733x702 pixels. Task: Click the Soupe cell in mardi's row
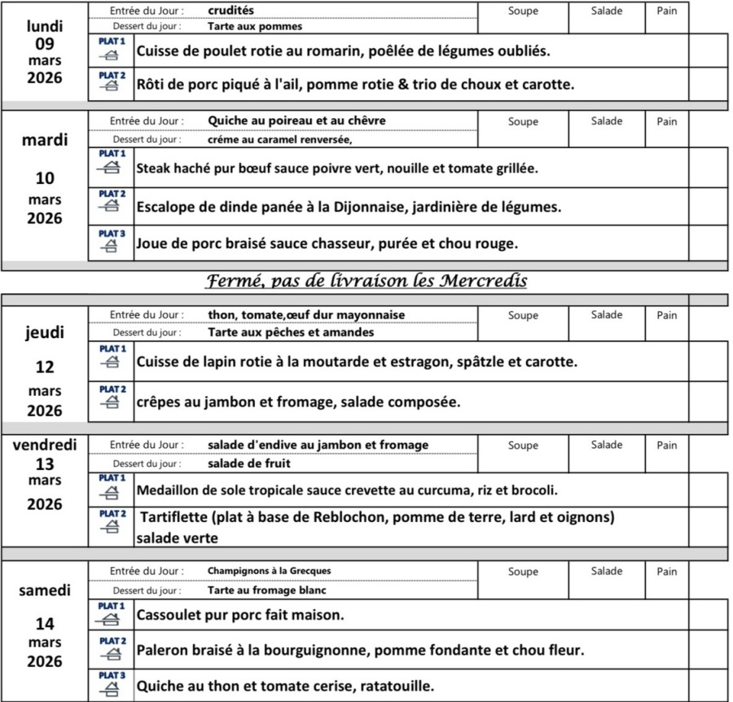(x=522, y=122)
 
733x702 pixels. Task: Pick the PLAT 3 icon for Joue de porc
(x=111, y=242)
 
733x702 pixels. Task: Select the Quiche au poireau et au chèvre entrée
(x=296, y=121)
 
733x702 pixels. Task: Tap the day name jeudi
(x=45, y=333)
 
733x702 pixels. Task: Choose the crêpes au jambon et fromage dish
(x=298, y=401)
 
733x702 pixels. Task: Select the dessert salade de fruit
(x=249, y=464)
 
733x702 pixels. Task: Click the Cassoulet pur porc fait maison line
(x=240, y=614)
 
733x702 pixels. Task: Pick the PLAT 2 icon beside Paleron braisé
(x=111, y=649)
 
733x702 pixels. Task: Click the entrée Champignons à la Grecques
(x=269, y=571)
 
